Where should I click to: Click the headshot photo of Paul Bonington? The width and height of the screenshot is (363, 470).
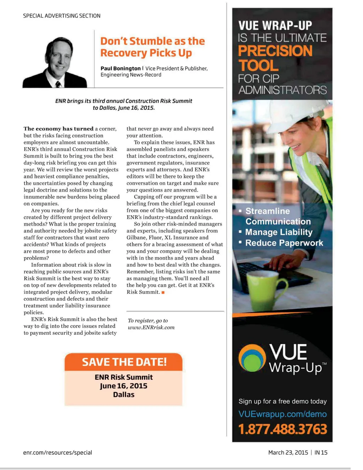click(55, 62)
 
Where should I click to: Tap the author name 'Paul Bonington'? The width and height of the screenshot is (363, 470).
click(121, 68)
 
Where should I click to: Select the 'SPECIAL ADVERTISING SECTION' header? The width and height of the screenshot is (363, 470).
click(62, 16)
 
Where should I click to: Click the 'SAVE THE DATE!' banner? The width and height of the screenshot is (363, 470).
click(124, 362)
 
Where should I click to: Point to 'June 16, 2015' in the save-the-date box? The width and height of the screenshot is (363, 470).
click(123, 386)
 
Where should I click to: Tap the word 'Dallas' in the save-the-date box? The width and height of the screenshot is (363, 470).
click(123, 395)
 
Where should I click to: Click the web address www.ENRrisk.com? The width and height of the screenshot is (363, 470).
click(151, 327)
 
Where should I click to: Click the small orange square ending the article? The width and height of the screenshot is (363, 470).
click(163, 292)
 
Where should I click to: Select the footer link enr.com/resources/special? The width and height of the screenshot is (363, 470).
click(57, 453)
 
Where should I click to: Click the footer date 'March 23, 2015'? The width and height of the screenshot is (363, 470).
click(288, 453)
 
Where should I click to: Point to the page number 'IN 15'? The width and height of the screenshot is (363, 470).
click(321, 453)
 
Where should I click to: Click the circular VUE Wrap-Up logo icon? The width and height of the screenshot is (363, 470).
click(252, 358)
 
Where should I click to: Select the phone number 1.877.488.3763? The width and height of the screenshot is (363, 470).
click(283, 429)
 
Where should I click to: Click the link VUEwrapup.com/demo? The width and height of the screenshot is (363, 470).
click(283, 414)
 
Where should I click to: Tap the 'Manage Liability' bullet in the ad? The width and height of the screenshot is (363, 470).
click(279, 232)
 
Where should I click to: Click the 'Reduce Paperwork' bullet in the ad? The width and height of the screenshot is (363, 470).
click(284, 243)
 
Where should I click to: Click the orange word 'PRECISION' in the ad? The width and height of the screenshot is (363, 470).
click(275, 51)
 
